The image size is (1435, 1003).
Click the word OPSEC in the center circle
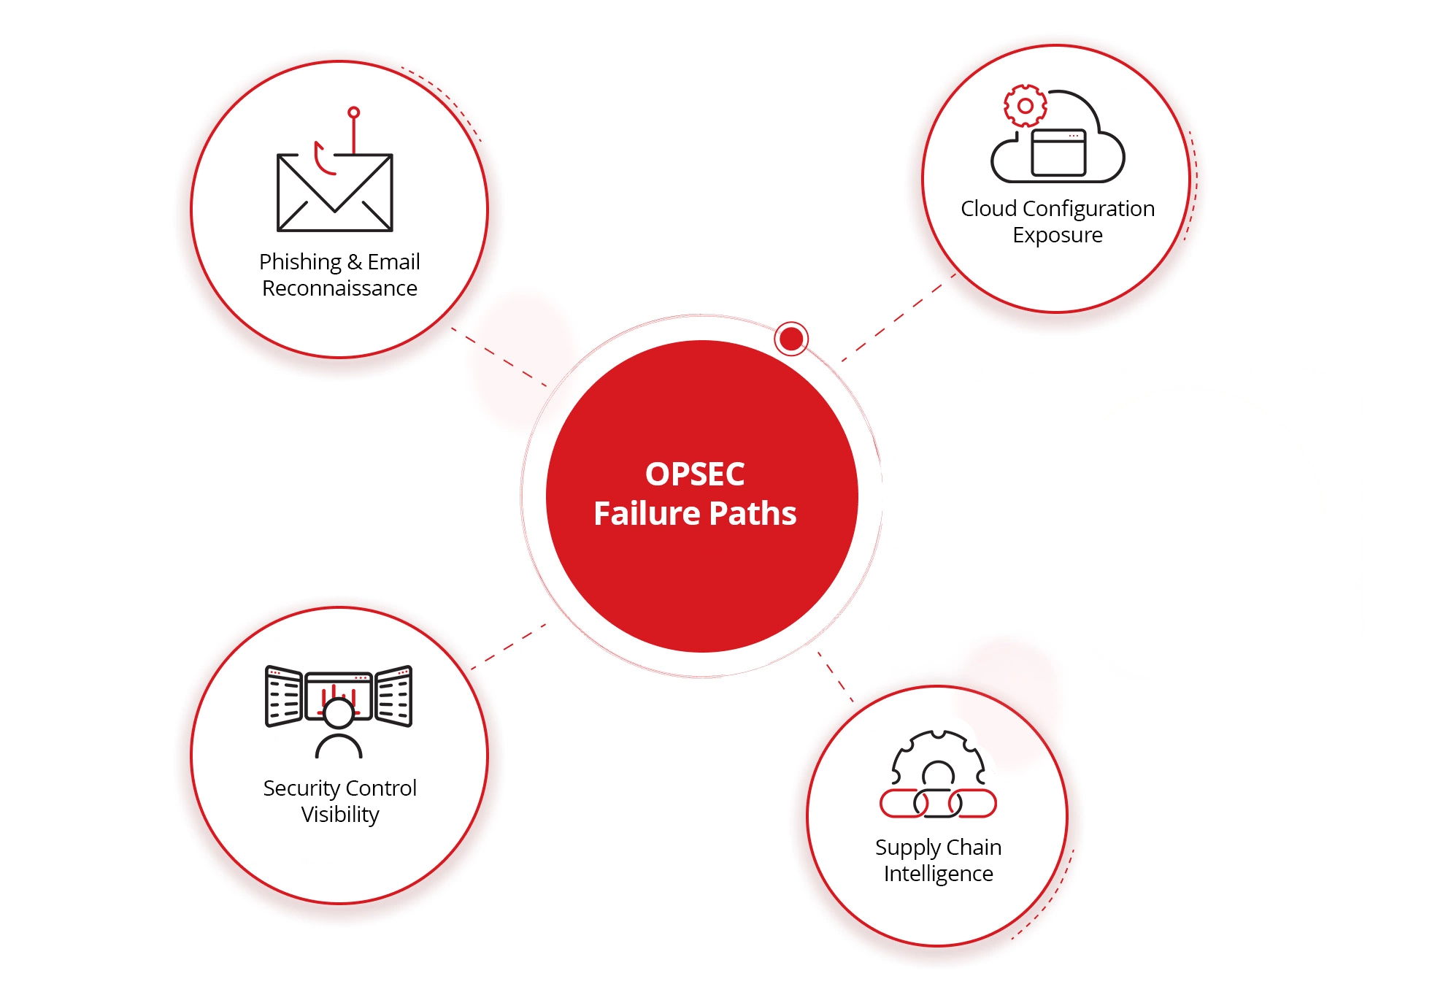coord(694,474)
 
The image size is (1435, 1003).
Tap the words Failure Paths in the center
coord(694,514)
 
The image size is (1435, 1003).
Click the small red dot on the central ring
coord(790,339)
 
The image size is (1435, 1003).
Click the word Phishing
coord(300,261)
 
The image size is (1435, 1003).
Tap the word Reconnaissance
coord(339,288)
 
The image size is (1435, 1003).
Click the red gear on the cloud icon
coord(1025,106)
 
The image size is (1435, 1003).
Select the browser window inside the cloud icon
coord(1058,153)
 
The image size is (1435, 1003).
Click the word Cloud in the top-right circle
coord(988,209)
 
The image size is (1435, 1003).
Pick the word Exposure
coord(1057,235)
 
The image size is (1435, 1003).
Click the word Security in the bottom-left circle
coord(300,788)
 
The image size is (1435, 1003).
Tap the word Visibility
coord(339,815)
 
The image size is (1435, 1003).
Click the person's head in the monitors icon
coord(339,712)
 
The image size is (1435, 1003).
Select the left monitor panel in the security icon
coord(284,696)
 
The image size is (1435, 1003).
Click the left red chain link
coord(902,804)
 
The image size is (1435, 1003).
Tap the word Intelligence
coord(938,874)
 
